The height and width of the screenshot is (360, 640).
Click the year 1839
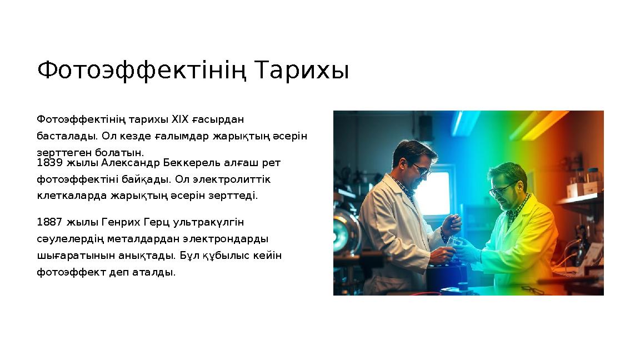pyautogui.click(x=51, y=163)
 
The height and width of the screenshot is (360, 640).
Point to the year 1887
pyautogui.click(x=51, y=223)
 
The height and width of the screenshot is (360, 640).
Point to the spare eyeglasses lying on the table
pyautogui.click(x=532, y=289)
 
